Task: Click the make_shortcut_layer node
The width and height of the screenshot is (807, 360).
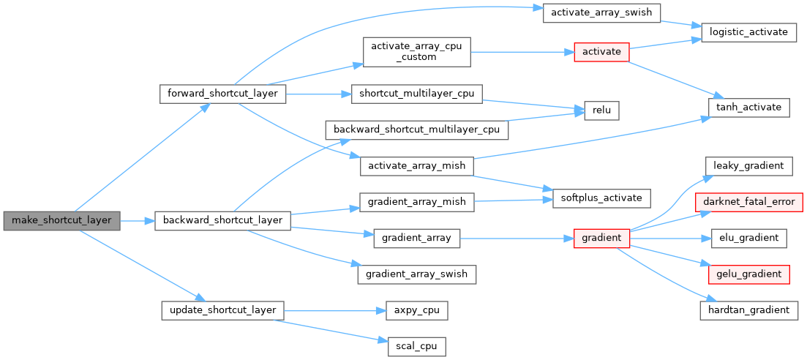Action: click(61, 220)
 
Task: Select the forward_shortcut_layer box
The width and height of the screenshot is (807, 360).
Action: click(222, 94)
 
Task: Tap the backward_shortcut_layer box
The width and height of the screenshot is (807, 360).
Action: click(222, 220)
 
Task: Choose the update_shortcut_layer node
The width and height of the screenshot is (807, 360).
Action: click(222, 310)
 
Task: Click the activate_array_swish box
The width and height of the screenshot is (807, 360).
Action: click(602, 13)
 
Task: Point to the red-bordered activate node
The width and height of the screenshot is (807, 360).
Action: click(601, 52)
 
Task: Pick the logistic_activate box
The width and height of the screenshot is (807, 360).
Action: click(748, 32)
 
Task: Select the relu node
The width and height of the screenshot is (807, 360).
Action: click(601, 110)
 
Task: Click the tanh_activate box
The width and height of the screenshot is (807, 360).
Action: click(748, 107)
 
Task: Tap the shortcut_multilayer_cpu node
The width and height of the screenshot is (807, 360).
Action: click(416, 94)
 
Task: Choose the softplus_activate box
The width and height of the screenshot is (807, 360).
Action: click(601, 198)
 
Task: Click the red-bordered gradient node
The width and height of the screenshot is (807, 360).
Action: click(601, 238)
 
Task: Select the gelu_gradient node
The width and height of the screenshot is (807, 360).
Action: click(748, 274)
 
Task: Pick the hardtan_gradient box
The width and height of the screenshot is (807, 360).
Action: click(748, 310)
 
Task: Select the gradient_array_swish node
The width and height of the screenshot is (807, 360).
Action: click(417, 274)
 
